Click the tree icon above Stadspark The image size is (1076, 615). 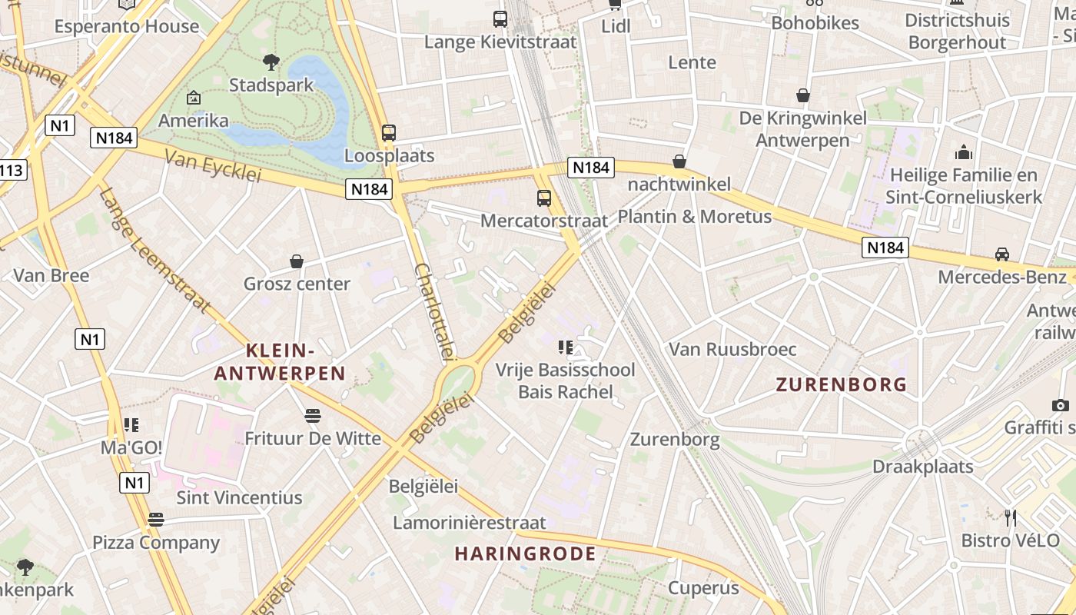[271, 61]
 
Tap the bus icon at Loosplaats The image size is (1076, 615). [389, 133]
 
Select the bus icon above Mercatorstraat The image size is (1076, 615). [544, 198]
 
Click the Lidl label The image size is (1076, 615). [616, 27]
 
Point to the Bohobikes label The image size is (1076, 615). [815, 23]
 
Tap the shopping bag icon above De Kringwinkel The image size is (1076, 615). [803, 95]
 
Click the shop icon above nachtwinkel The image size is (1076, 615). [679, 161]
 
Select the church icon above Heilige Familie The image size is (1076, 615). [963, 153]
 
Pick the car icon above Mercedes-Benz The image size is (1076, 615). [1002, 254]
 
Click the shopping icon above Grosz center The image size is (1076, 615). [297, 261]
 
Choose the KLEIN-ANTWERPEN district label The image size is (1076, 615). [280, 362]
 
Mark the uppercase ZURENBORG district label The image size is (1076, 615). [841, 384]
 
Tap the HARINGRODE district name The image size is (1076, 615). [525, 553]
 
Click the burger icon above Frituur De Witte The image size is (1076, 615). [312, 416]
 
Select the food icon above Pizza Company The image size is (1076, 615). [156, 520]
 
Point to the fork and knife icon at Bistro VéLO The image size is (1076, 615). [1011, 518]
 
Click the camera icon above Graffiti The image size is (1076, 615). [1061, 405]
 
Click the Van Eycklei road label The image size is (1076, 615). [213, 166]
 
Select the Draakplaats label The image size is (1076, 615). [922, 467]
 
